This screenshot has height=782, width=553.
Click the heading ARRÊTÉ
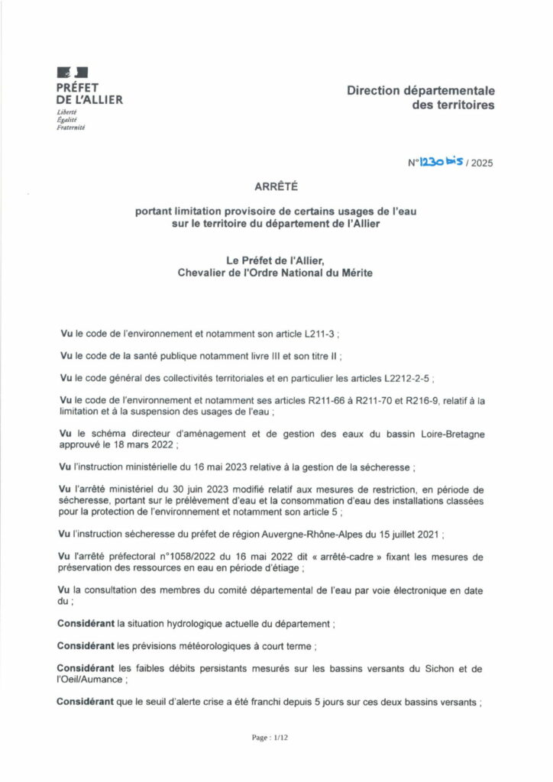point(276,186)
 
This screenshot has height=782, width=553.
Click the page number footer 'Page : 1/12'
point(276,739)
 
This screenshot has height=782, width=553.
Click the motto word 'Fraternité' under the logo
point(71,128)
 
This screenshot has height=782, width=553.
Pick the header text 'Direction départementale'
point(421,90)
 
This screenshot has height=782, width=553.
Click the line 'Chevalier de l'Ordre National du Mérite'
point(276,274)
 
